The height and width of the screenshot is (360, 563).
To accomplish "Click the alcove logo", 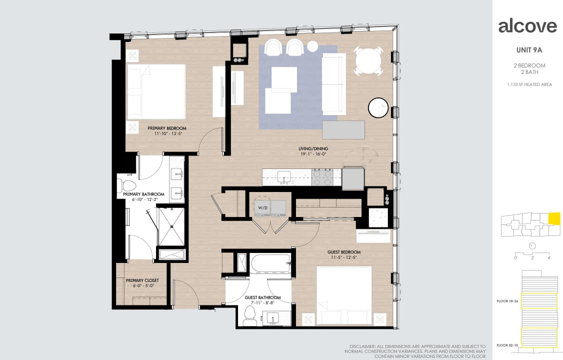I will pos(527,26).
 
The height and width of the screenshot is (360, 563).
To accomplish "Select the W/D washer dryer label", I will pos(262,207).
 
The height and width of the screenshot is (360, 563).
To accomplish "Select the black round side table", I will pos(378,107).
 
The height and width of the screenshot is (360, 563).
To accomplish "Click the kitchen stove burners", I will pos(322,177).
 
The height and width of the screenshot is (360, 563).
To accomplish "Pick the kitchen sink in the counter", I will pos(284,176).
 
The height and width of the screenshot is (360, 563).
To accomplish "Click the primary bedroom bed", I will pos(156,91).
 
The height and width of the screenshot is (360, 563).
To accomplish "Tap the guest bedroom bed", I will pos(344,295).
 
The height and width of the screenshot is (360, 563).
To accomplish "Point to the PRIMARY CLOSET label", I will pos(142,280).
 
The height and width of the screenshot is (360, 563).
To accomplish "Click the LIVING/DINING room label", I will pos(313,148).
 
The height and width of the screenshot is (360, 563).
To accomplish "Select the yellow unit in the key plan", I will pos(554,218).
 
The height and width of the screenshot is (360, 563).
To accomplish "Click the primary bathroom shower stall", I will pos(171,226).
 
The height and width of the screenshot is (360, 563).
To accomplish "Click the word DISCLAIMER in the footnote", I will pos(362,346).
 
